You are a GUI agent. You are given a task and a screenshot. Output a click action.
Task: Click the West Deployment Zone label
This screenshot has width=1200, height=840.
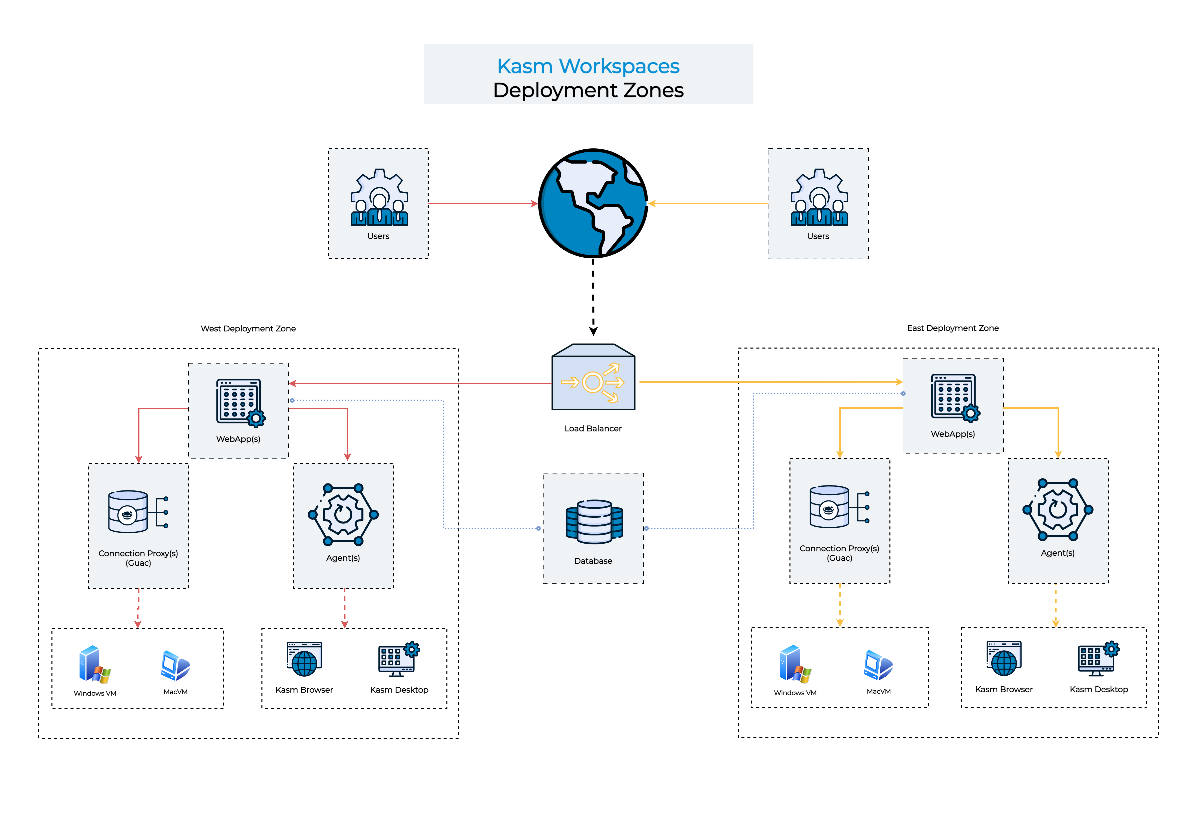point(248,328)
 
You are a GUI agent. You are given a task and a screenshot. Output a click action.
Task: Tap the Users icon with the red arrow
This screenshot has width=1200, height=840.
point(379,198)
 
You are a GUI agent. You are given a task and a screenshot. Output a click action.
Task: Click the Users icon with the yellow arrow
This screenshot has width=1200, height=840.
point(818,198)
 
